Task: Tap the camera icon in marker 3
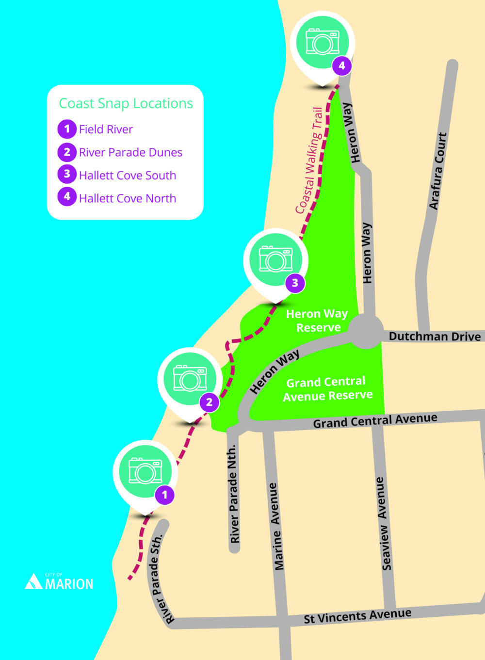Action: tap(275, 259)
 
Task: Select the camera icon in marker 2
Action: tap(190, 378)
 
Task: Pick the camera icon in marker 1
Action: tap(145, 470)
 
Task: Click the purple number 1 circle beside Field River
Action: tap(67, 129)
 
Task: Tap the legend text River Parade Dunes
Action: tap(130, 152)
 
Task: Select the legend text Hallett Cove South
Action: tap(127, 175)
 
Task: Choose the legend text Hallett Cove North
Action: tap(127, 198)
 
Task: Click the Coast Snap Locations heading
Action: tap(126, 103)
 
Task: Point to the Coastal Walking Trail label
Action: tap(309, 160)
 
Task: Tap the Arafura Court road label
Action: tap(437, 171)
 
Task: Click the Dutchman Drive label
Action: tap(435, 337)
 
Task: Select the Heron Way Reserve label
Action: tap(317, 321)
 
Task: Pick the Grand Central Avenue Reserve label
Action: tap(327, 389)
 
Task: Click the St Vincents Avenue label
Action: tap(357, 616)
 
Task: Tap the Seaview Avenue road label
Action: tap(383, 524)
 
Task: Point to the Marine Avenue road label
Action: tap(275, 526)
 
